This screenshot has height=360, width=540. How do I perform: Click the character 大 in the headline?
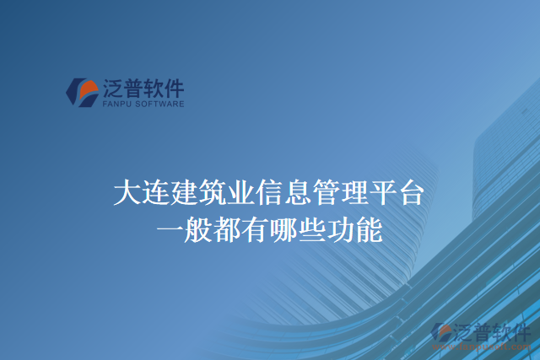(x=127, y=193)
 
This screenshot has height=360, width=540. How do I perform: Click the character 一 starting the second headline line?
(x=170, y=228)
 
